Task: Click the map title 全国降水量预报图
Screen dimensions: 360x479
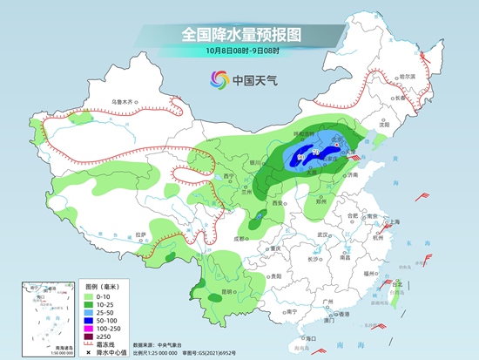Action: (x=239, y=36)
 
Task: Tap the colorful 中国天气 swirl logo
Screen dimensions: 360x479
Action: (x=216, y=80)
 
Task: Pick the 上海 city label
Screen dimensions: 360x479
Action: (x=393, y=221)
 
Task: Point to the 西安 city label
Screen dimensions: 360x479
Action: (x=279, y=202)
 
